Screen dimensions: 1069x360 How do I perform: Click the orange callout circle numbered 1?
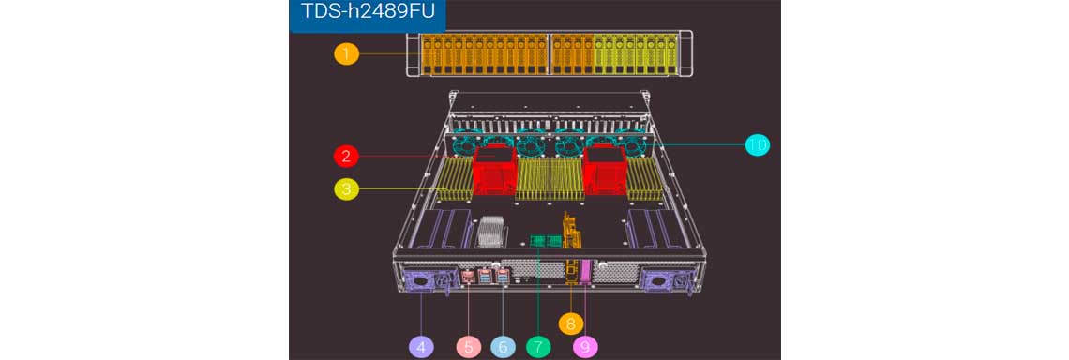click(346, 53)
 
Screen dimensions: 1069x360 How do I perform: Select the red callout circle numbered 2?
click(346, 157)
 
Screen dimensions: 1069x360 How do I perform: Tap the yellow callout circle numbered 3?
click(346, 188)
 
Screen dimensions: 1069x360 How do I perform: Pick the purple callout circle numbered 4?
click(421, 346)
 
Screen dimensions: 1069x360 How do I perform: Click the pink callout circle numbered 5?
click(468, 346)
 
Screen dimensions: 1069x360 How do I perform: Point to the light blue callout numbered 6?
click(504, 346)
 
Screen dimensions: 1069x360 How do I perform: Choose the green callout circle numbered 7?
click(538, 346)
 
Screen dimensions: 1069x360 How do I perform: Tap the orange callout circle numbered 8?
click(571, 322)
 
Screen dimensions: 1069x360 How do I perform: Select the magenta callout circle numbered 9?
click(585, 346)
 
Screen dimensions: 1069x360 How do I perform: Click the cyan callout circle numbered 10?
click(757, 144)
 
